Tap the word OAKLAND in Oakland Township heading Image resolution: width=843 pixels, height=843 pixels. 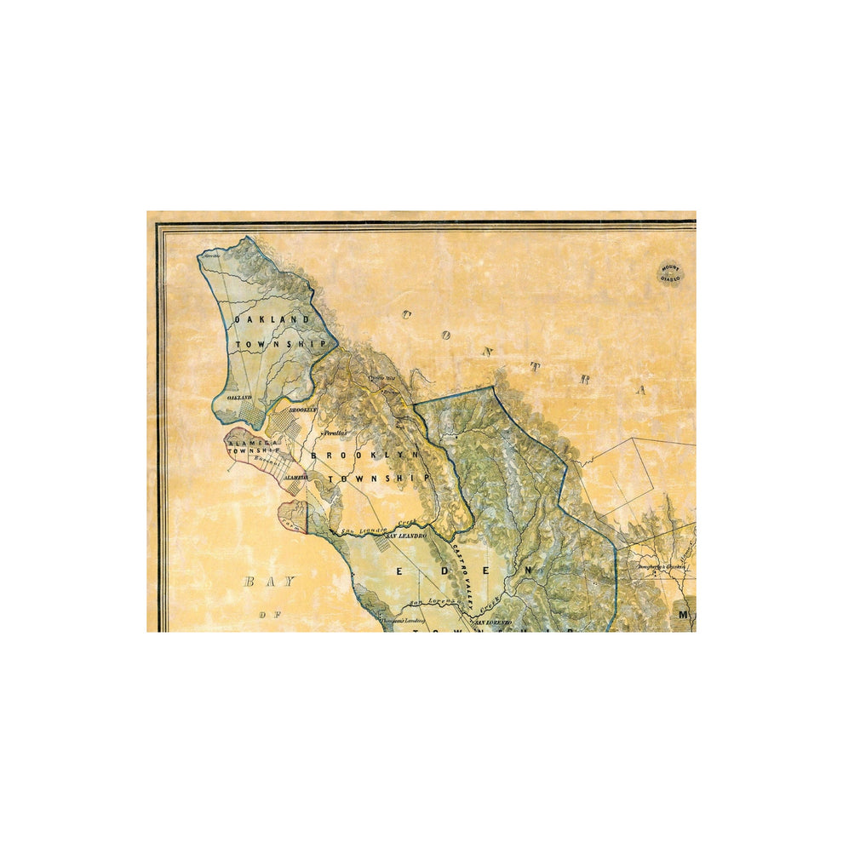[x=272, y=319]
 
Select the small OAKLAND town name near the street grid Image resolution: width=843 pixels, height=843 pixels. [x=238, y=397]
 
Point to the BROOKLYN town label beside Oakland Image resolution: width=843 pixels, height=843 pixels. [x=302, y=410]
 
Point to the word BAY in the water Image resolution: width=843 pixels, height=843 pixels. [x=268, y=582]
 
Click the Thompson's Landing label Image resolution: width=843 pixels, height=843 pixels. [x=401, y=621]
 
